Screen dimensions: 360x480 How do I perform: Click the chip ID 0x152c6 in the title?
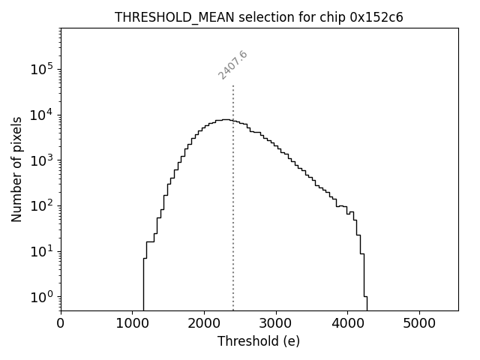pyautogui.click(x=376, y=17)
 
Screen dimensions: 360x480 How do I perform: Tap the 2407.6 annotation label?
pyautogui.click(x=232, y=65)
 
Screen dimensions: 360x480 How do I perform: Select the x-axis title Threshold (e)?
pyautogui.click(x=259, y=341)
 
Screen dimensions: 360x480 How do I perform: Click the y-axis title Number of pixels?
pyautogui.click(x=16, y=169)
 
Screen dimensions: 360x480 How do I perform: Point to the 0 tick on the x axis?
pyautogui.click(x=61, y=324)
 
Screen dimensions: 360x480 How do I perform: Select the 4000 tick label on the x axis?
pyautogui.click(x=347, y=324)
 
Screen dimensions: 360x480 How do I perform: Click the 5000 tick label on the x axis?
pyautogui.click(x=419, y=324)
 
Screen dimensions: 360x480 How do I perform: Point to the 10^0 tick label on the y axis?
pyautogui.click(x=42, y=296)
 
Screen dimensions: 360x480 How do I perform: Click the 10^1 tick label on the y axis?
pyautogui.click(x=42, y=250)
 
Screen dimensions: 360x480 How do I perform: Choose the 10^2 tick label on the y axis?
pyautogui.click(x=42, y=205)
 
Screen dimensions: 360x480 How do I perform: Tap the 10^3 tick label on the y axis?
pyautogui.click(x=42, y=160)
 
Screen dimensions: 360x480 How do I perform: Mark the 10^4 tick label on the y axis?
pyautogui.click(x=42, y=114)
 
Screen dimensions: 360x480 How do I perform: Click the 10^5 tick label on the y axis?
pyautogui.click(x=42, y=69)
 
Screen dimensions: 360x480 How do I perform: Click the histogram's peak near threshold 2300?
pyautogui.click(x=225, y=119)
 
